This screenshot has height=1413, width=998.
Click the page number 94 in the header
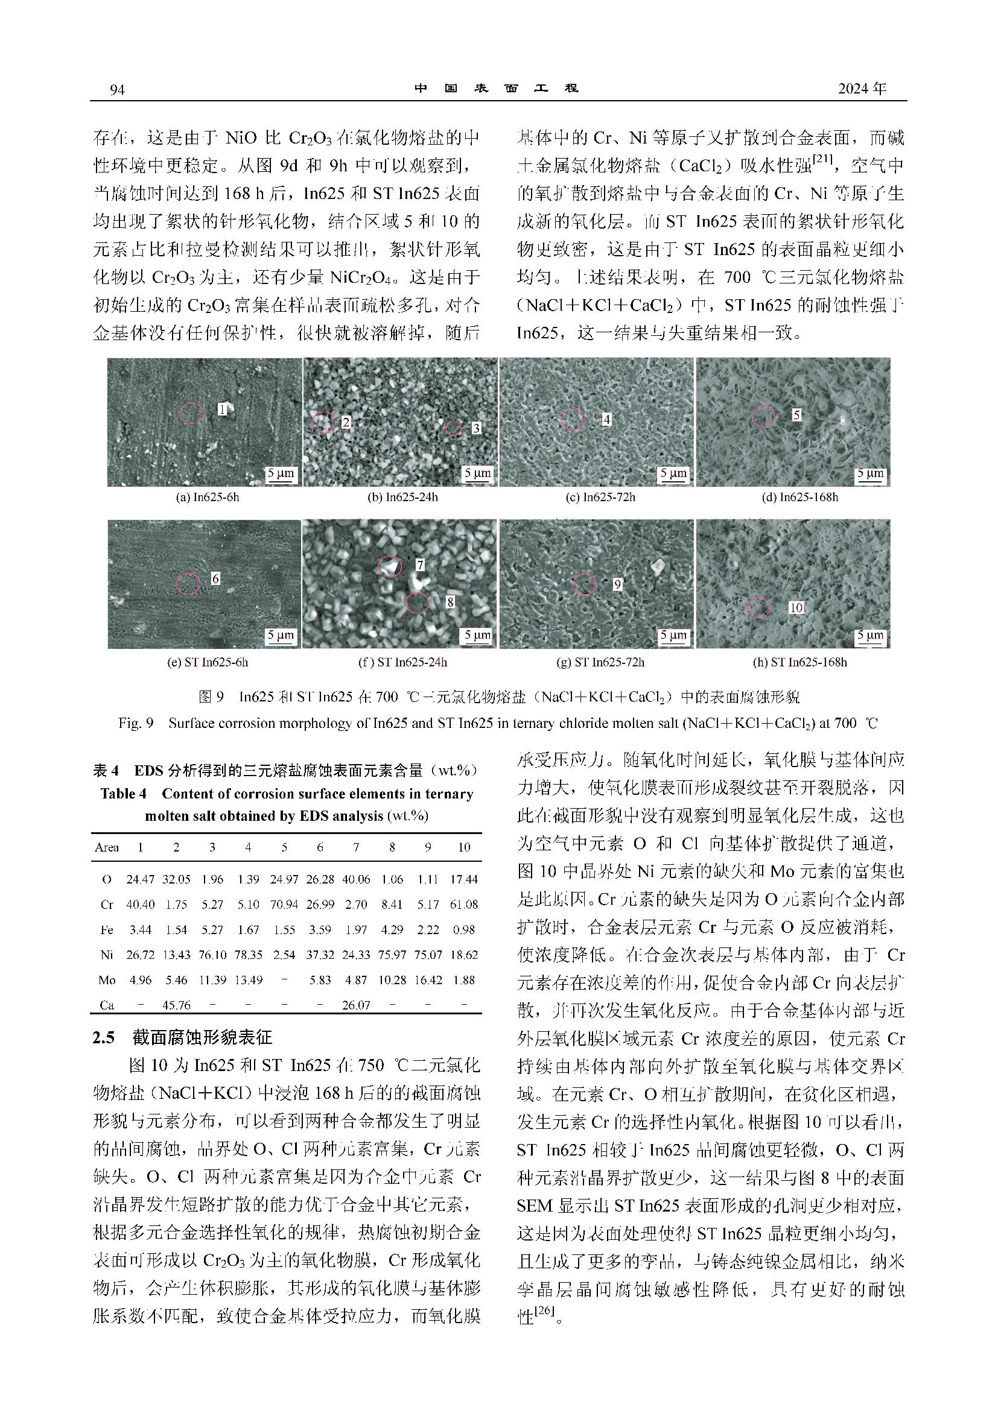(x=117, y=90)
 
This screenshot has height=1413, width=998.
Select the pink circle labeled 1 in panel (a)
(x=192, y=413)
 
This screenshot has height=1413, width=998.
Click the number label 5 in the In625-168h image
(x=796, y=415)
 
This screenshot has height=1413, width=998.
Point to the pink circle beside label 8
(x=418, y=602)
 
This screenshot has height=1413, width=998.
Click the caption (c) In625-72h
(x=600, y=498)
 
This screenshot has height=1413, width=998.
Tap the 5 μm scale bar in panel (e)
(x=280, y=636)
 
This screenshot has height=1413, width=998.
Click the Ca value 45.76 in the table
(x=176, y=1005)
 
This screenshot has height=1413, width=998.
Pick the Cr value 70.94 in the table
(x=284, y=905)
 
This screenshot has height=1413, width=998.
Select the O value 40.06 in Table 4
(x=356, y=879)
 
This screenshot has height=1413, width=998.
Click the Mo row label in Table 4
(x=107, y=980)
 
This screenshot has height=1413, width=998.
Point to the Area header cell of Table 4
(x=107, y=847)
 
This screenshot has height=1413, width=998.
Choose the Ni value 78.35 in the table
(x=248, y=955)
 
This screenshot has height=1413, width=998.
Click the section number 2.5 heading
(x=104, y=1038)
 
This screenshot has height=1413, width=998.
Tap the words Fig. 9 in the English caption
(x=135, y=723)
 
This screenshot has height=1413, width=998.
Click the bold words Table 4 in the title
(x=123, y=794)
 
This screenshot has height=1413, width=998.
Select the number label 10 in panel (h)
(x=796, y=608)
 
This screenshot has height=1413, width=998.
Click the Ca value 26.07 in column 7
(x=356, y=1005)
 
